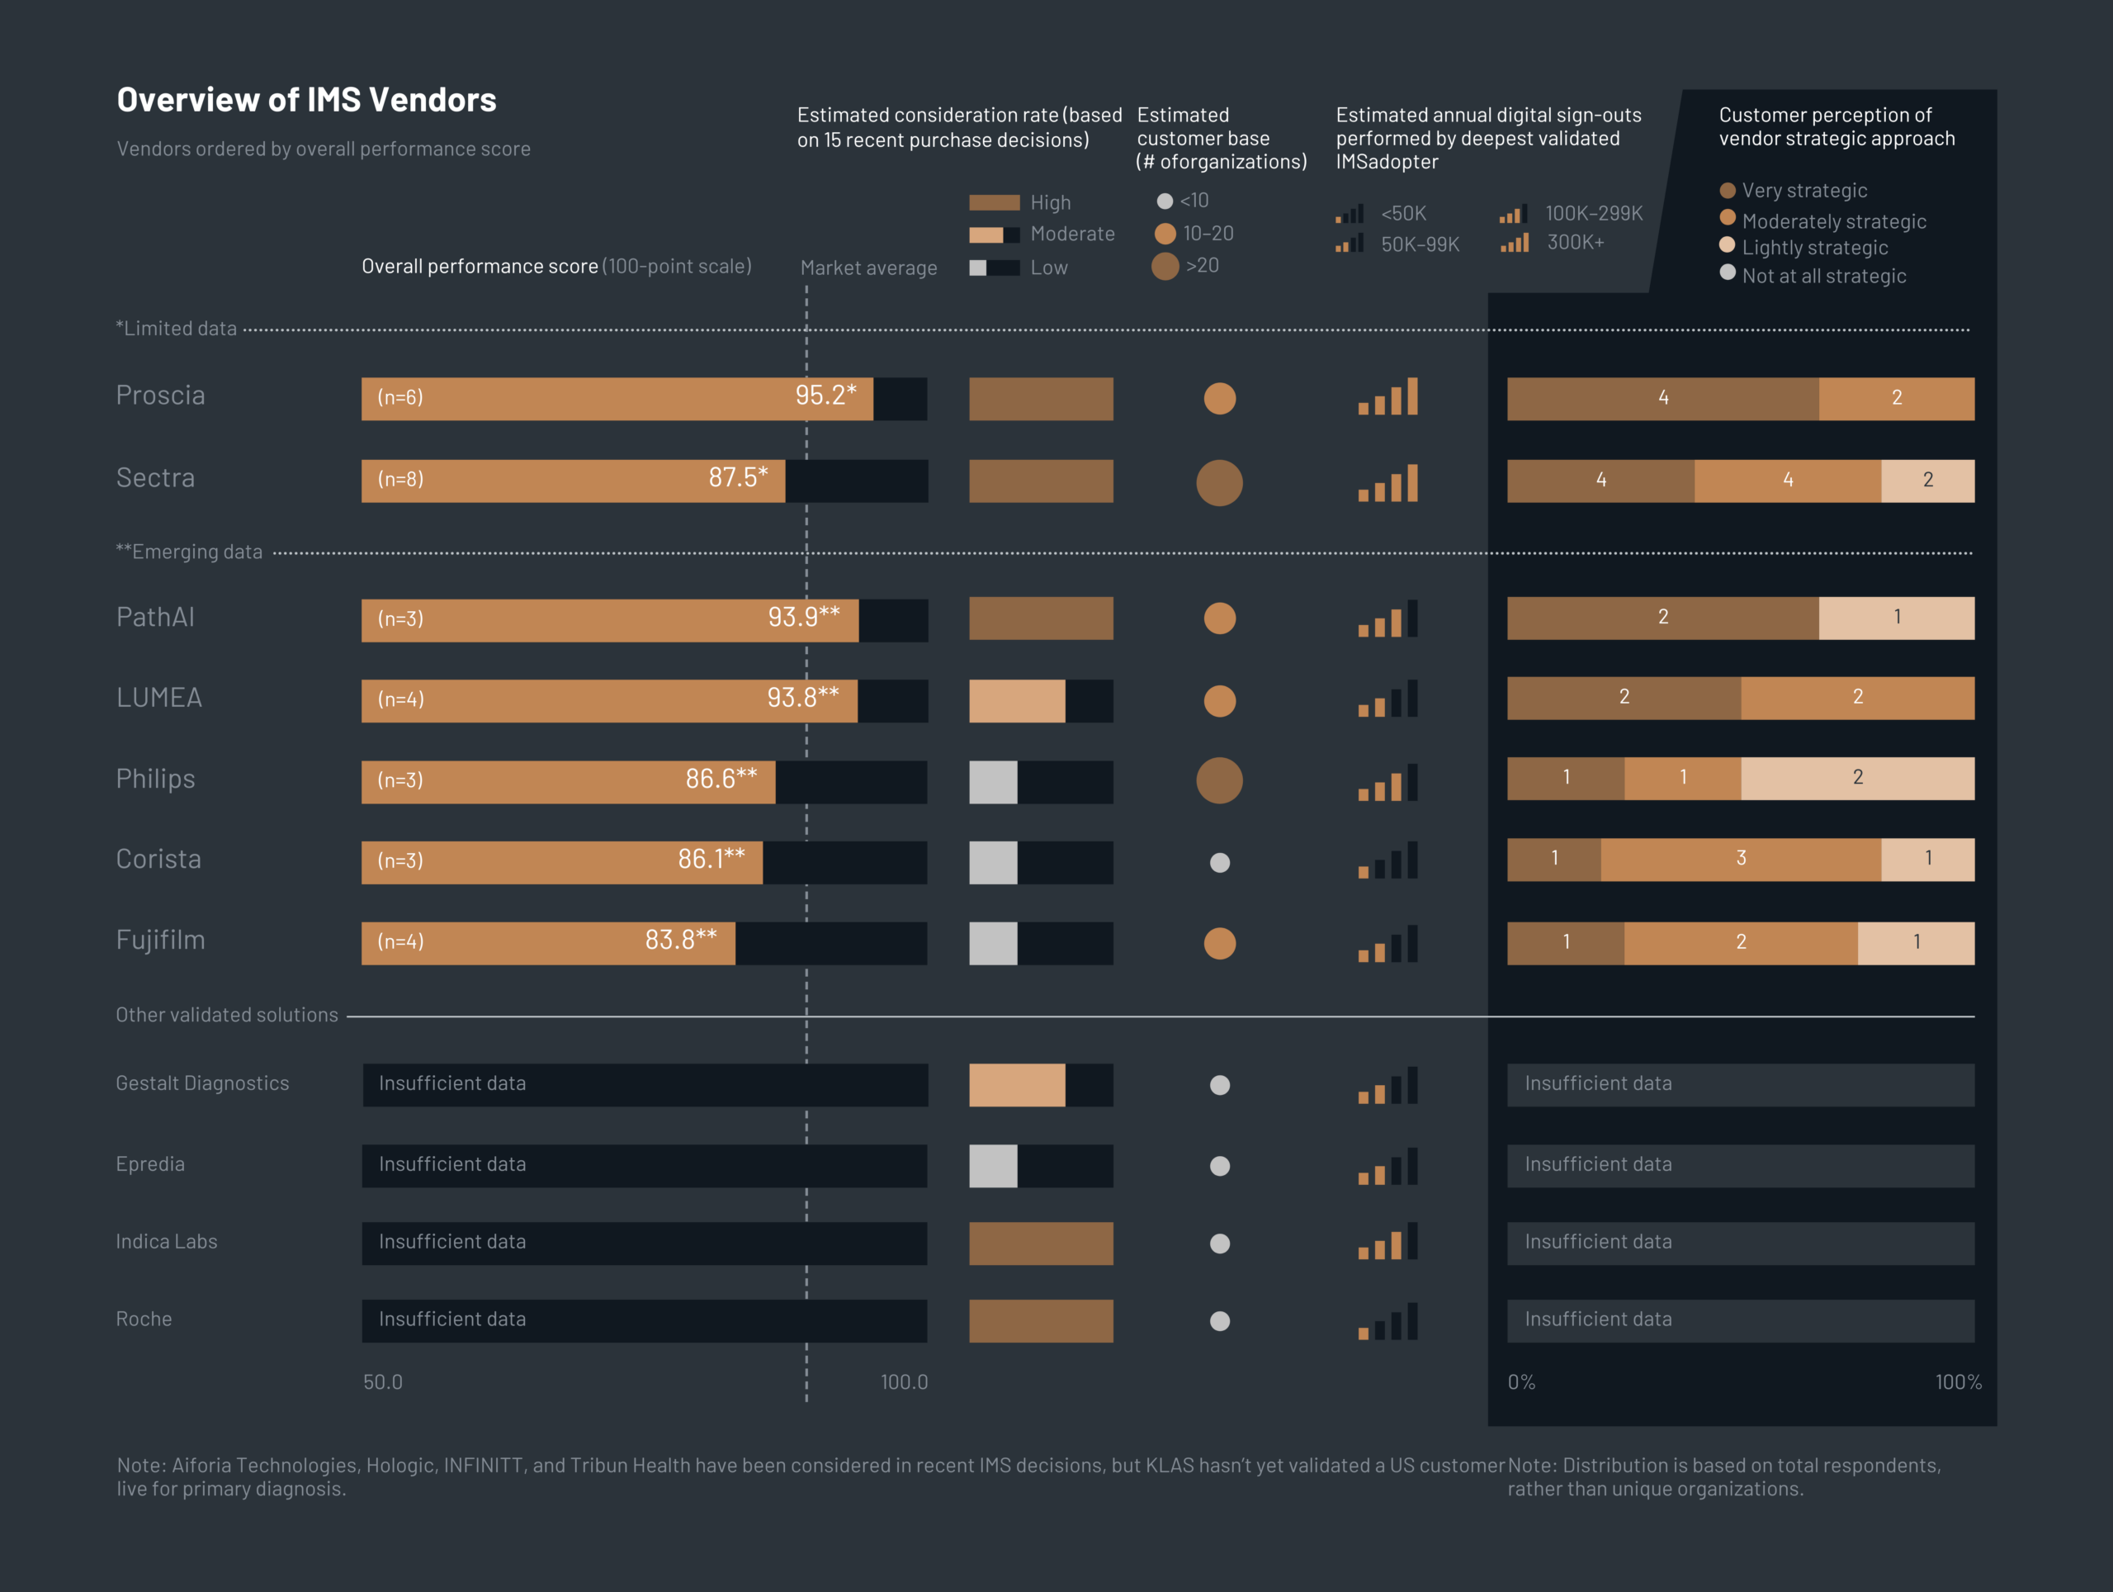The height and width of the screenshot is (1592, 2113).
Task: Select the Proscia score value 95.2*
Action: pos(825,396)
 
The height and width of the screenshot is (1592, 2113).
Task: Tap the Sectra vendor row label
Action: pos(156,478)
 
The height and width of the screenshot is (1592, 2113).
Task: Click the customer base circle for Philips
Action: pos(1219,780)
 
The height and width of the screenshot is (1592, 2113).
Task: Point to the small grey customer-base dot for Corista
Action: pos(1220,863)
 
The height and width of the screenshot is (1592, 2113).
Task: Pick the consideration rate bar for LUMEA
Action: pos(1040,701)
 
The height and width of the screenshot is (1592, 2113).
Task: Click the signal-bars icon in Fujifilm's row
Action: pos(1388,944)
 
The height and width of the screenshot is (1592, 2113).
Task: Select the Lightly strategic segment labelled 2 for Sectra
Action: pos(1926,481)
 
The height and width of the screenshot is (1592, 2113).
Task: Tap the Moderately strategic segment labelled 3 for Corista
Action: pos(1741,859)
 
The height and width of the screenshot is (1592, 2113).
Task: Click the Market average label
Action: pos(868,268)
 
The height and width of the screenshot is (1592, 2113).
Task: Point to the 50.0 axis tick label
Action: pos(383,1381)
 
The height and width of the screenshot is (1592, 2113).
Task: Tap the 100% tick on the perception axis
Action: pos(1957,1381)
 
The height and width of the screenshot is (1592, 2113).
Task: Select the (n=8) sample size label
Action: pos(400,480)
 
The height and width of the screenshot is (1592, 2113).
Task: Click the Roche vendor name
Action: pos(144,1320)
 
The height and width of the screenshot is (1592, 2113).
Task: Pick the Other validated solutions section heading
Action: pos(227,1015)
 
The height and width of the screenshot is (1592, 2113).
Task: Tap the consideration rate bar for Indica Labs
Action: pos(1040,1244)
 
